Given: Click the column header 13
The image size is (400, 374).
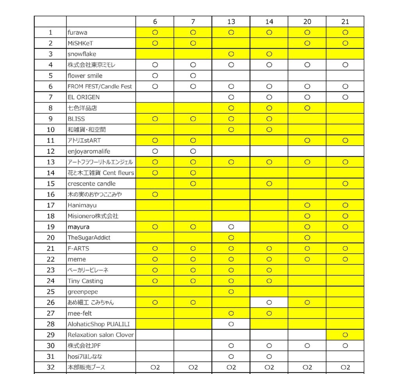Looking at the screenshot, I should click(x=231, y=22).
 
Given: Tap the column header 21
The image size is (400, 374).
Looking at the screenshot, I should click(x=345, y=22).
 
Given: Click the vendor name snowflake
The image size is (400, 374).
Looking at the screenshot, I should click(x=82, y=54).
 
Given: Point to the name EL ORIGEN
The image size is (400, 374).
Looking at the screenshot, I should click(x=84, y=97).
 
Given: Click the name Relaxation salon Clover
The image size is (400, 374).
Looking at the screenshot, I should click(x=100, y=335).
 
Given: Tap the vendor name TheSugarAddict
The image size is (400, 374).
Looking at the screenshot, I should click(x=89, y=238).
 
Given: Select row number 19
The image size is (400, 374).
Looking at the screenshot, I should click(x=50, y=227).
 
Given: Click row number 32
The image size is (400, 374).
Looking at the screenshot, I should click(x=50, y=367).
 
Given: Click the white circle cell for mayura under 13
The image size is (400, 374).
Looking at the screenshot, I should click(x=231, y=227).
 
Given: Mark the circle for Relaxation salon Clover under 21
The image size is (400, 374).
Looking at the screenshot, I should click(x=345, y=335).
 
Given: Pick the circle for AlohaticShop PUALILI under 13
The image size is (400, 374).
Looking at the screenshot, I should click(x=231, y=324).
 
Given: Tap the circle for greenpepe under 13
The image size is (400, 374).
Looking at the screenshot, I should click(x=231, y=292).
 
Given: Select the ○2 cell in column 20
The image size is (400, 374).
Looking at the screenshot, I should click(x=307, y=367).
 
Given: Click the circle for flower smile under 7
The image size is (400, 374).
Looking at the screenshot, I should click(x=193, y=75).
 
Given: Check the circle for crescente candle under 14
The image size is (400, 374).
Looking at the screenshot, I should click(x=269, y=184).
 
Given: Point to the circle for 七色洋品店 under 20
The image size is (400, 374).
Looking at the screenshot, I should click(x=307, y=108).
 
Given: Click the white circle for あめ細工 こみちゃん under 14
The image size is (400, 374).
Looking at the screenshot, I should click(x=269, y=302).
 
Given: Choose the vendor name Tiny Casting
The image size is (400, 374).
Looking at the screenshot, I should click(x=85, y=281).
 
